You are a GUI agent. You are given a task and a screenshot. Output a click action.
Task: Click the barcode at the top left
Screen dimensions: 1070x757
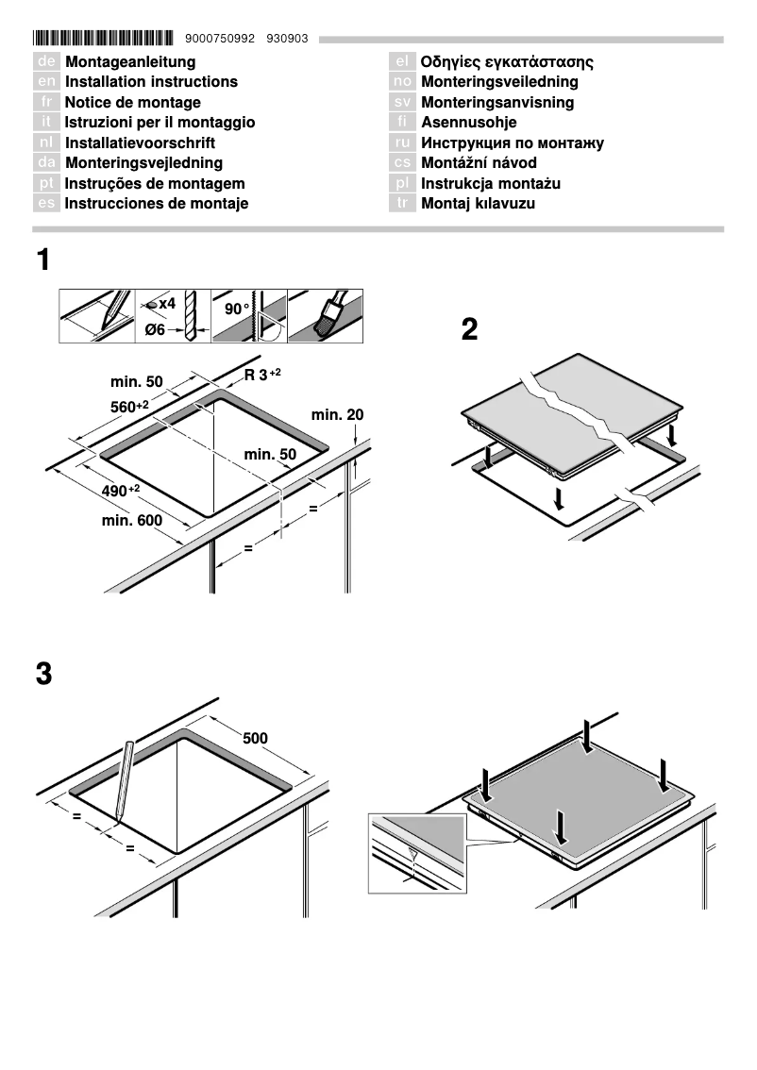pos(103,39)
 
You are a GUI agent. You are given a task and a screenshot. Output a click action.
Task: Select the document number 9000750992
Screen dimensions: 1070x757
pos(221,39)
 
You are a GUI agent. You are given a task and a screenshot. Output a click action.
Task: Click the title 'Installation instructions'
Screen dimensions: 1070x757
pos(151,82)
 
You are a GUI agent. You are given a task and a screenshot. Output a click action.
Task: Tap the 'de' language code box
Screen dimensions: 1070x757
pos(46,62)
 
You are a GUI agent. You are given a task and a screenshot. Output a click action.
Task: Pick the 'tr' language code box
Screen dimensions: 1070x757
pos(402,204)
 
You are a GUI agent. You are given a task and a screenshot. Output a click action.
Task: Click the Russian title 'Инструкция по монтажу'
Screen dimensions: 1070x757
pos(512,143)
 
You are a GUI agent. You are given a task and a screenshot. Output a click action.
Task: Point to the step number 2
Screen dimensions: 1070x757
pos(469,329)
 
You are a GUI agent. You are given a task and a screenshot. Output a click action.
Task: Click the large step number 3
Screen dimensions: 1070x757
pos(43,676)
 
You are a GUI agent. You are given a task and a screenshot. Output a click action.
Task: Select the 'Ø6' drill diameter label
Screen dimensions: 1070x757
pos(155,329)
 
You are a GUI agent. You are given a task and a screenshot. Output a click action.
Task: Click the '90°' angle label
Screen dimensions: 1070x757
pos(237,309)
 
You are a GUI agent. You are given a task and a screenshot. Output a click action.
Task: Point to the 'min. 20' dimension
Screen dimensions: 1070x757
pos(337,415)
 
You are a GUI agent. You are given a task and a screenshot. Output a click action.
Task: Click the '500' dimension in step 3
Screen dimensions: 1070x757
pos(255,738)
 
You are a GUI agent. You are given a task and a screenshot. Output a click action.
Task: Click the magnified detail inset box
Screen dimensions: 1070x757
pos(417,853)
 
